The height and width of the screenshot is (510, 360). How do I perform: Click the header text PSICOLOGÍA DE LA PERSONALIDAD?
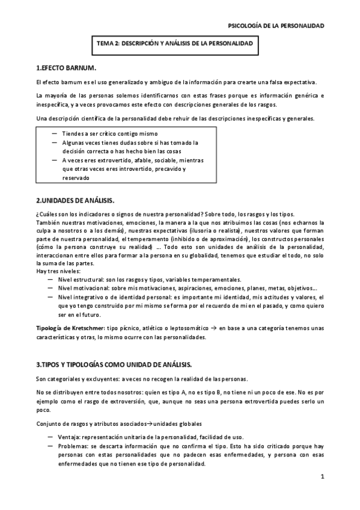click(x=277, y=26)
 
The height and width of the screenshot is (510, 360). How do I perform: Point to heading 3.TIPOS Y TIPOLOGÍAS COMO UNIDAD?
click(x=114, y=364)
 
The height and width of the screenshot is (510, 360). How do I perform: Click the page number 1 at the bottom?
click(x=322, y=477)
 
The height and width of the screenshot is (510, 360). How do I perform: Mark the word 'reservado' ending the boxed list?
click(x=75, y=178)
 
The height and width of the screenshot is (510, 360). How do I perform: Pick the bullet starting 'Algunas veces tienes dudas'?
click(x=129, y=143)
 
